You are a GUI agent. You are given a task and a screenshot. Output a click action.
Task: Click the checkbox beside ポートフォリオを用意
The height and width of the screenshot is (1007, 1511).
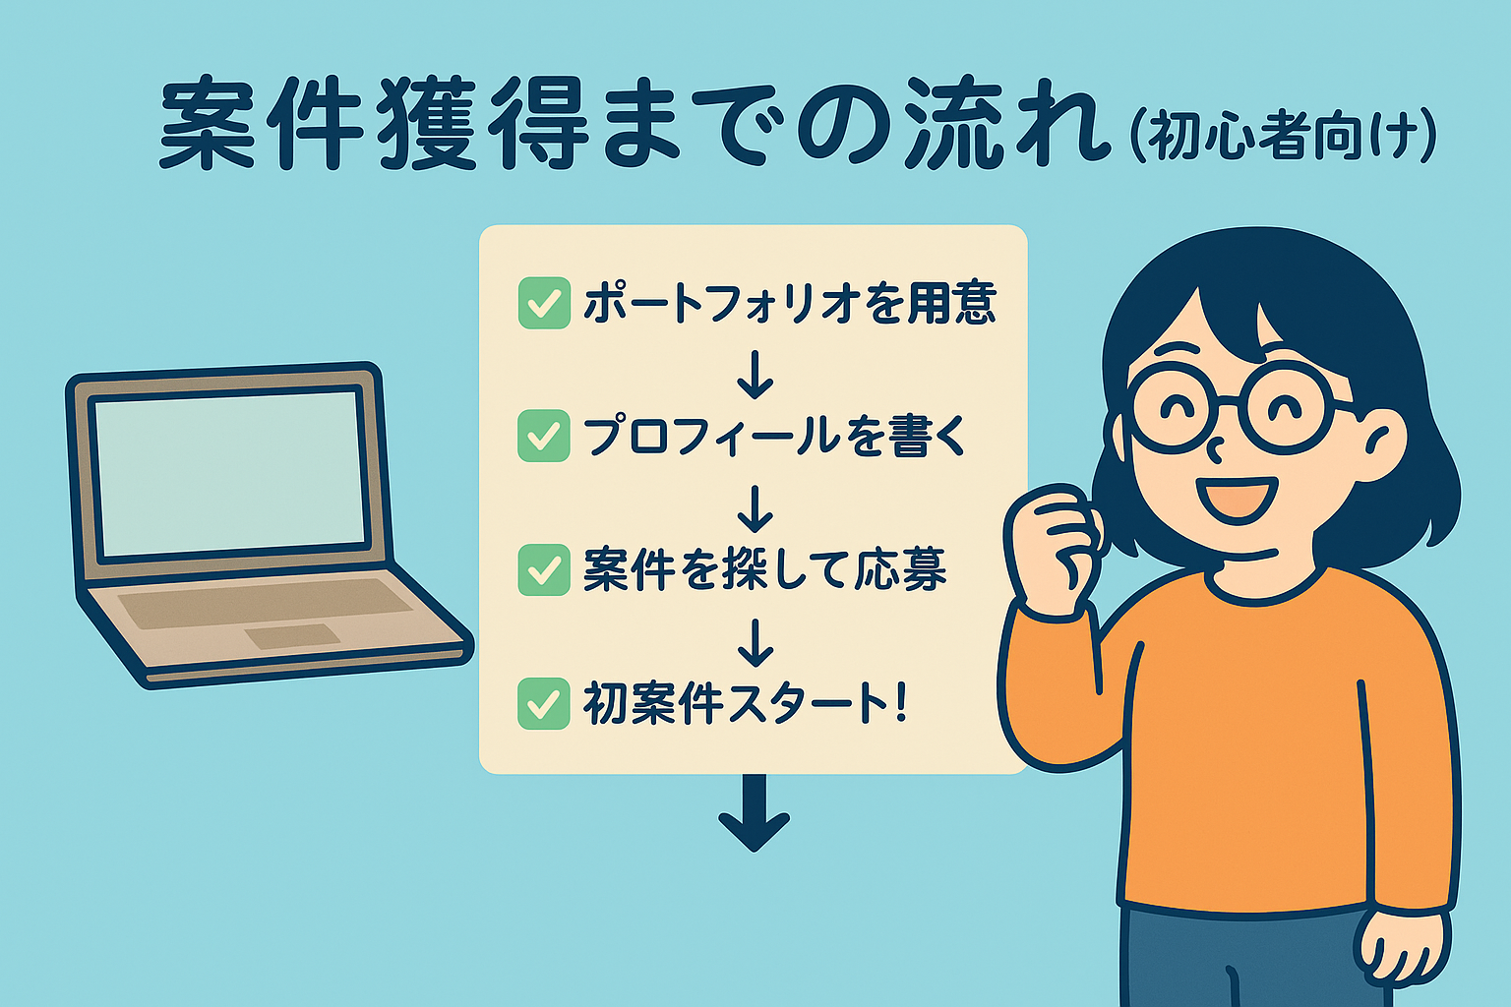[544, 303]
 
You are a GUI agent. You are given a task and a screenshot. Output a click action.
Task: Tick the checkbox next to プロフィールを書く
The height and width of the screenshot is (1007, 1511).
[544, 436]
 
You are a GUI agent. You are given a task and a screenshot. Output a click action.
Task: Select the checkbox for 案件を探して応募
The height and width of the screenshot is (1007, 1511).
[544, 570]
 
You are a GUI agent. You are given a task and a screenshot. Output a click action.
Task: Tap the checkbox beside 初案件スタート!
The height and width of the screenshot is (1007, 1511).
[544, 703]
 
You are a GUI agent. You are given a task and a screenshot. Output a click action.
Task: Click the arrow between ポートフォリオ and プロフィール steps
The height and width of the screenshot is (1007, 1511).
[755, 375]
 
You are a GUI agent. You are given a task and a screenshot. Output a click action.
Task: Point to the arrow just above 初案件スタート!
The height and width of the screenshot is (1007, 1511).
[755, 643]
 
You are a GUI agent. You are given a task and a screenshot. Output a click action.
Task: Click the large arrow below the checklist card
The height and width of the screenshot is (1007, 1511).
[755, 812]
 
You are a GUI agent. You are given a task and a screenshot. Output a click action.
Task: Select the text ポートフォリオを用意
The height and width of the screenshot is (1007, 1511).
[790, 303]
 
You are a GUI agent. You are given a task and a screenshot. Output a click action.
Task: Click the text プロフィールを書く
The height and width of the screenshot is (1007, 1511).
[775, 436]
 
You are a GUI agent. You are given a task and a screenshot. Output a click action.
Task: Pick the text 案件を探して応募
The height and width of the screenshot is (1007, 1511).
[765, 570]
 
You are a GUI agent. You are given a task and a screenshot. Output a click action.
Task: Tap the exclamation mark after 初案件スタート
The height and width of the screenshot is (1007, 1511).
[900, 703]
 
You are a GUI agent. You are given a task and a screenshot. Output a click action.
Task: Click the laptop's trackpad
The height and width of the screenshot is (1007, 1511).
[292, 636]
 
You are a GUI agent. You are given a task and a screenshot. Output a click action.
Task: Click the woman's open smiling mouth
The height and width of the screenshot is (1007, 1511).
[1237, 501]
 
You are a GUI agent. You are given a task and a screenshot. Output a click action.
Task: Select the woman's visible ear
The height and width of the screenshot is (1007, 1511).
[1383, 445]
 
